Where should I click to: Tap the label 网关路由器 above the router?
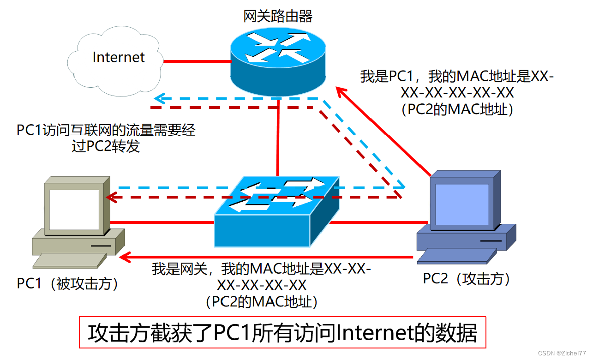pos(278,17)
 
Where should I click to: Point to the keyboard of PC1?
pos(69,261)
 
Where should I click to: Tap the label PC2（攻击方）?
pos(467,279)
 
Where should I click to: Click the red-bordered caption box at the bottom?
pos(282,333)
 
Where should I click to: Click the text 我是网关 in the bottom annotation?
pos(180,269)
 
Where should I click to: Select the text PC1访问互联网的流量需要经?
pos(106,131)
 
